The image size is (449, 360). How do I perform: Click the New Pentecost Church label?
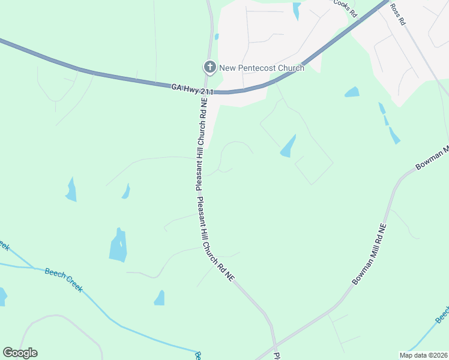261,68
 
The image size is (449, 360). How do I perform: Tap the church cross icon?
209,67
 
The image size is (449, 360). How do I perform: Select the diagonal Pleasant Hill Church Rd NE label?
217,239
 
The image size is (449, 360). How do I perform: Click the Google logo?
20,353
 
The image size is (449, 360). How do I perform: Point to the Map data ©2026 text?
423,355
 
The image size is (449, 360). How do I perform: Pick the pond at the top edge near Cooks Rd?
296,10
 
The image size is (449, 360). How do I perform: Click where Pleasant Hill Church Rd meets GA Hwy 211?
206,92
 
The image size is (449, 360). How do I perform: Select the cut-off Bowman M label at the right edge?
432,158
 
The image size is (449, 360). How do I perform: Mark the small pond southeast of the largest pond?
160,298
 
